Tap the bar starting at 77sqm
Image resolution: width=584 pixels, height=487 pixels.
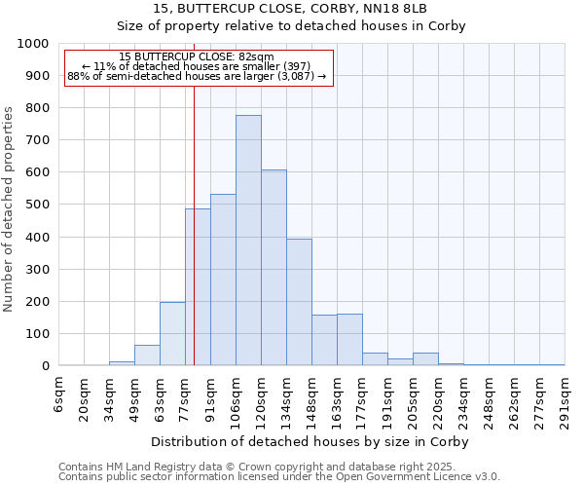point(198,287)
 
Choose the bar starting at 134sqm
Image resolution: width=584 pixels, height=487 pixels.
point(299,302)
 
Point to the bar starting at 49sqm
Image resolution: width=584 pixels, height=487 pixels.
point(147,356)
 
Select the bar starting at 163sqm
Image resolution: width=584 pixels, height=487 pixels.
point(349,340)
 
